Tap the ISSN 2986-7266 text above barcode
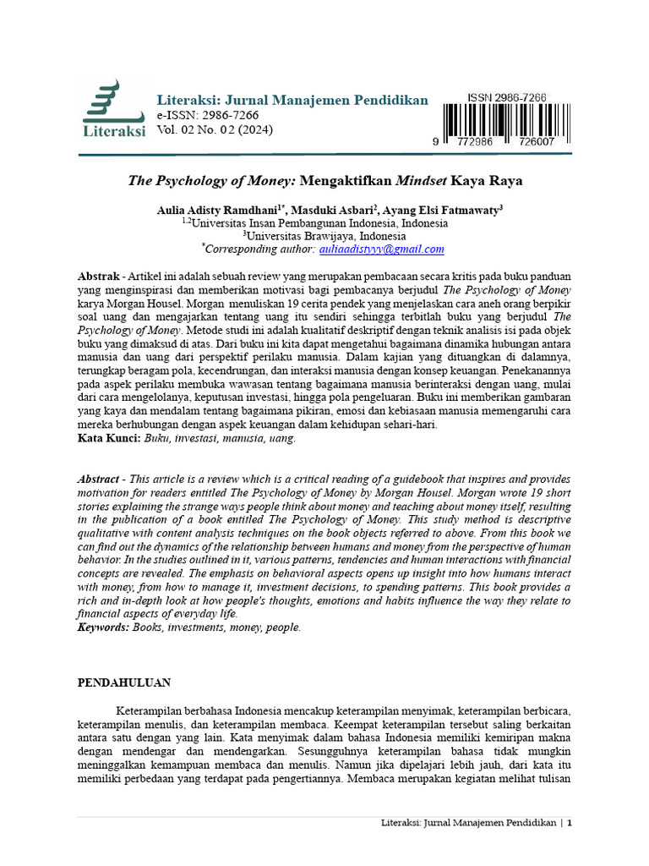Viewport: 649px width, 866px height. [x=506, y=98]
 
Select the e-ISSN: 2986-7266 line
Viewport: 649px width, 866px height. [x=208, y=116]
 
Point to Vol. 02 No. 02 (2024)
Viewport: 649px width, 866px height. [x=215, y=130]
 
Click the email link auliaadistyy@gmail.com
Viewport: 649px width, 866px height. [x=381, y=249]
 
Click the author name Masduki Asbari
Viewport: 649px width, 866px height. [x=323, y=210]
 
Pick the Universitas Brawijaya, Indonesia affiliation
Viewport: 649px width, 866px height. [x=324, y=236]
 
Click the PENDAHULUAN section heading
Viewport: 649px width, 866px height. [x=124, y=682]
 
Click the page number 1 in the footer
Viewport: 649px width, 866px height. [x=570, y=823]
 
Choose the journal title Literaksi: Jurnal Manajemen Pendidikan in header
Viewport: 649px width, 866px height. [x=292, y=101]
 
